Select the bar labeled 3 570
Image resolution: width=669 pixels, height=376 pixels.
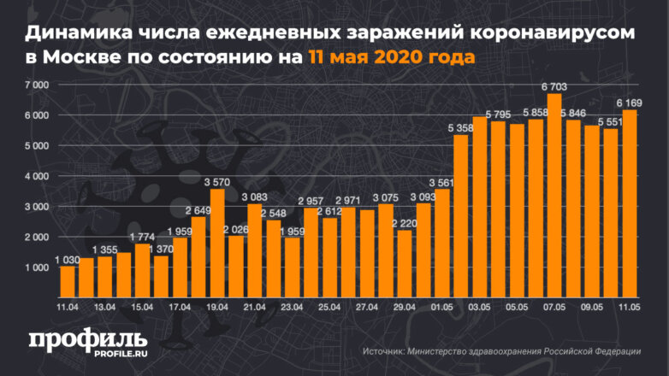click(x=217, y=243)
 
